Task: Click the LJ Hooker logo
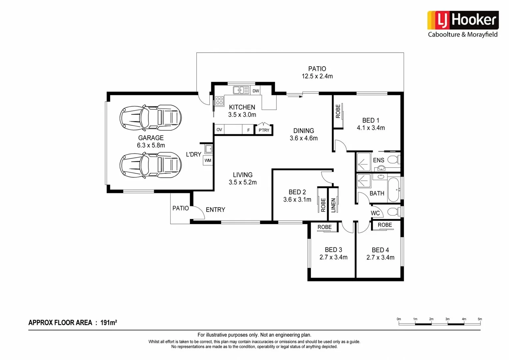463,21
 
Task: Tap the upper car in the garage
151,118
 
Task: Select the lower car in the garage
151,165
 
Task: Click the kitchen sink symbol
241,90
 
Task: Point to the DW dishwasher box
256,91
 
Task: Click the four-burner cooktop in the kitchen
219,101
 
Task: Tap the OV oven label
219,130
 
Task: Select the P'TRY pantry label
264,130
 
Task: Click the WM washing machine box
208,160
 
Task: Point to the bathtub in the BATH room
394,190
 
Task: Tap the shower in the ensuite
363,162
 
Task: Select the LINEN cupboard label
333,205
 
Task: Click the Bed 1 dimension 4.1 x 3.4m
371,128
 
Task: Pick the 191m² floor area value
109,322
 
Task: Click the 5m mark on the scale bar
480,319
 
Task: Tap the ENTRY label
215,210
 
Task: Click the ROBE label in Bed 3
324,227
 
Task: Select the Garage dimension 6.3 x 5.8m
151,145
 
